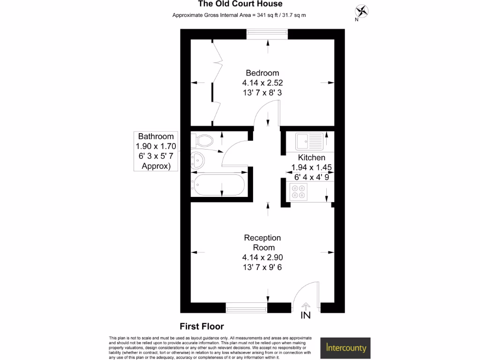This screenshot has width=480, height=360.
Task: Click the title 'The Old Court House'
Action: [x=240, y=4]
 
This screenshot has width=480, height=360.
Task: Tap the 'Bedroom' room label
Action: [x=262, y=73]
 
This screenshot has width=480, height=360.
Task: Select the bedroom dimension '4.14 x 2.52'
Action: [x=262, y=82]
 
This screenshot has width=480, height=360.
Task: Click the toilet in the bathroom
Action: [x=204, y=140]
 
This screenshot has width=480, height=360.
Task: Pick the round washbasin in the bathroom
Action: [x=198, y=160]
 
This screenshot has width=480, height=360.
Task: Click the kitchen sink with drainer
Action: [x=310, y=140]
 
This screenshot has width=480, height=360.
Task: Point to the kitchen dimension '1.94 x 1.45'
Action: [x=312, y=167]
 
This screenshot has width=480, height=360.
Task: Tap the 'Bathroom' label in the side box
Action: [x=156, y=136]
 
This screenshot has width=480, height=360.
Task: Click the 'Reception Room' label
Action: [x=262, y=243]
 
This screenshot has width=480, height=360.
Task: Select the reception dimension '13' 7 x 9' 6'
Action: [x=262, y=267]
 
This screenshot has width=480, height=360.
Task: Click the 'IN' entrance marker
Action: [x=305, y=315]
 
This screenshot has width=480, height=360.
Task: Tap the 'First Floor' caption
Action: [x=202, y=326]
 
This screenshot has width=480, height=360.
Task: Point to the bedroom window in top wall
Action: [x=268, y=34]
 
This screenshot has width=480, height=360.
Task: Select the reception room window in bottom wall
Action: [x=247, y=308]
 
